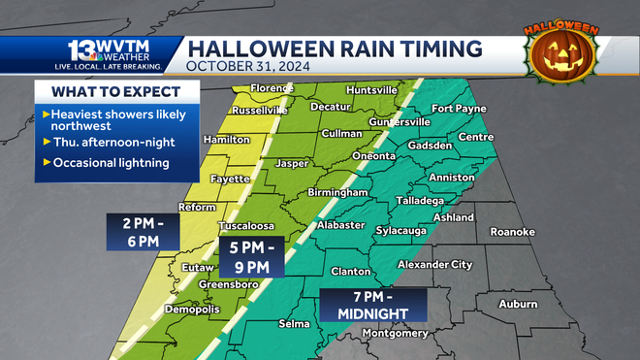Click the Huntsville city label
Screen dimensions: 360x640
(371, 89)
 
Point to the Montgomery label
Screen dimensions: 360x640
(394, 333)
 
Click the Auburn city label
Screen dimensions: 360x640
(517, 304)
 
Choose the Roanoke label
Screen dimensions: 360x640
(512, 232)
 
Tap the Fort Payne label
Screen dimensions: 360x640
(459, 109)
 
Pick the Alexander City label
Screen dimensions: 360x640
(434, 264)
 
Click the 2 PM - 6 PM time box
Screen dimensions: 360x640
(141, 230)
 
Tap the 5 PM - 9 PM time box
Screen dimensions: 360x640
(250, 257)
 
